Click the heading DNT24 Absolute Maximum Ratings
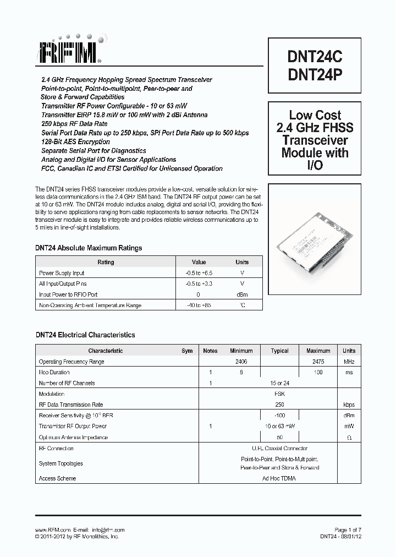pyautogui.click(x=89, y=248)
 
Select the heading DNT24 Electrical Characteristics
pyautogui.click(x=85, y=335)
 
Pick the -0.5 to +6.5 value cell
pyautogui.click(x=199, y=273)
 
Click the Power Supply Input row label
pyautogui.click(x=62, y=273)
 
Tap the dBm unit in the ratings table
pyautogui.click(x=242, y=294)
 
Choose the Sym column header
pyautogui.click(x=187, y=351)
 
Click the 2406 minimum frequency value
pyautogui.click(x=241, y=362)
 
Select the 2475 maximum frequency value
pyautogui.click(x=318, y=362)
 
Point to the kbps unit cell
pyautogui.click(x=349, y=405)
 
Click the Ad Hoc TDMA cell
pyautogui.click(x=279, y=478)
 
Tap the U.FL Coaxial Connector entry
pyautogui.click(x=279, y=449)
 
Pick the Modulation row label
pyautogui.click(x=51, y=394)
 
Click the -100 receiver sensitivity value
pyautogui.click(x=279, y=416)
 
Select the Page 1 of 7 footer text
pyautogui.click(x=348, y=529)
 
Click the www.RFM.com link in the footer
pyautogui.click(x=52, y=529)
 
